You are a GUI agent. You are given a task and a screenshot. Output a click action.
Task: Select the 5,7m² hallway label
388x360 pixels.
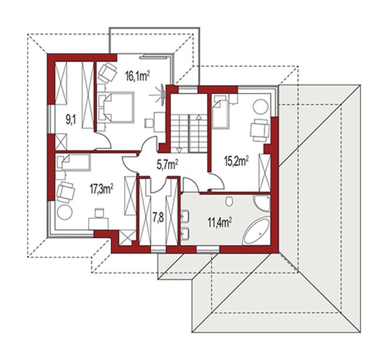pos(168,164)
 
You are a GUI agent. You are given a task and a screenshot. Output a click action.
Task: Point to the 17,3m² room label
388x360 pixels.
pos(101,189)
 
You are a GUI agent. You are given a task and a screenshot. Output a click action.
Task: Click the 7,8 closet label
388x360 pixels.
pos(158,218)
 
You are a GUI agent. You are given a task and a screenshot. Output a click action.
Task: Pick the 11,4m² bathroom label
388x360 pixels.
pos(220,222)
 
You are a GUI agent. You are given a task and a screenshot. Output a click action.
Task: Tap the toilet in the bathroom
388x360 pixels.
pos(229,201)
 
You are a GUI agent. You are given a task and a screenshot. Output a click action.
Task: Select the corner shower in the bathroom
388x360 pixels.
pos(263,202)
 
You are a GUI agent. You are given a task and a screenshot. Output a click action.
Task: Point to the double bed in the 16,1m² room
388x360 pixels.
pos(116,107)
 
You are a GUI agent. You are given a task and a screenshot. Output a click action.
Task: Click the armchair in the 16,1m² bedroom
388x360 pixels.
pos(108,72)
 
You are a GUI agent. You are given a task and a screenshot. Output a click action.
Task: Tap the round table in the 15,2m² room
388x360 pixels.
pos(260,107)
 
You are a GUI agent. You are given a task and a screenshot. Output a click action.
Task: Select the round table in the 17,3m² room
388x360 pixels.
pos(65,212)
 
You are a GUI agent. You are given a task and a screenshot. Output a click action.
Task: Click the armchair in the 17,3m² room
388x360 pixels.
pos(66,192)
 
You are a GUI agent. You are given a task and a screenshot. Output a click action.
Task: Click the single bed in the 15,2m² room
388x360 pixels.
pos(220,111)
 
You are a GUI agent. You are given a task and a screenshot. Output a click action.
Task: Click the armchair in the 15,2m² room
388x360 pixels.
pos(260,130)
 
